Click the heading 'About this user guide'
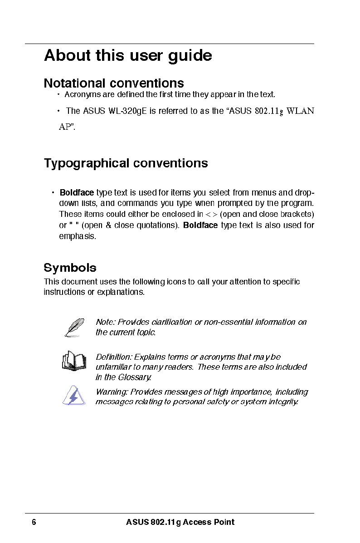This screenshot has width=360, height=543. tap(128, 56)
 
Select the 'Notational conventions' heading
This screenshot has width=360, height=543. tap(114, 83)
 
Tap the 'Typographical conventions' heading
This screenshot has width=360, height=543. tap(126, 163)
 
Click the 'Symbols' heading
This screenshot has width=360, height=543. tap(70, 268)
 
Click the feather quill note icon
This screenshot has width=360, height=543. tap(74, 328)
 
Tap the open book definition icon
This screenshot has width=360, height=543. tap(73, 361)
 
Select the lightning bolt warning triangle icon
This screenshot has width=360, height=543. tap(72, 396)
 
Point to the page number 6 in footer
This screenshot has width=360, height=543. tap(34, 522)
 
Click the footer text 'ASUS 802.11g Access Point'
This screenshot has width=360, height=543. tap(180, 522)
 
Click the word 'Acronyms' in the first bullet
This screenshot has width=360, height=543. tap(80, 94)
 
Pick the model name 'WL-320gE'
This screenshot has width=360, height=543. tap(128, 111)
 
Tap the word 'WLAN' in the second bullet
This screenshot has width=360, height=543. tap(301, 111)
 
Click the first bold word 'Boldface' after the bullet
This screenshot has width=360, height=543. tap(77, 192)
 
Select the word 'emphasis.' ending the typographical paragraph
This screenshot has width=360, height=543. tap(78, 236)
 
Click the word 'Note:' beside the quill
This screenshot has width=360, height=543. tap(106, 322)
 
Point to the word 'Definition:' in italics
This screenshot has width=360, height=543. tap(114, 357)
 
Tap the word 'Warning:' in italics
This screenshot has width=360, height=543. tap(112, 392)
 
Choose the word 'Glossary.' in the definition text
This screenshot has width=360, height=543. tap(135, 377)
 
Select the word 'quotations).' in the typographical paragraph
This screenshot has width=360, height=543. tap(157, 225)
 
